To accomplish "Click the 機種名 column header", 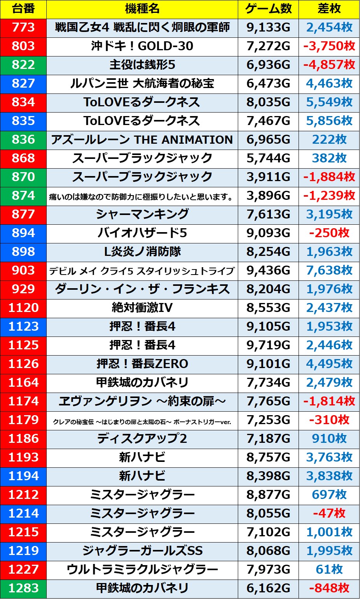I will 142,9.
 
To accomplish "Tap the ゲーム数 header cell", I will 268,9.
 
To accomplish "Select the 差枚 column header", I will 329,9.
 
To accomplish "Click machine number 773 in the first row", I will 23,27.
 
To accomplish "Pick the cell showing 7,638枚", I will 329,270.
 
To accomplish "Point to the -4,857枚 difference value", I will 329,65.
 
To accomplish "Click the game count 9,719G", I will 268,345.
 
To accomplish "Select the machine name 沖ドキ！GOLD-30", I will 142,46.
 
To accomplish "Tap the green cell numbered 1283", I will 23,588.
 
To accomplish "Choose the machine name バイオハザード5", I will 142,233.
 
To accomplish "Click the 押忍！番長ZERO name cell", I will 142,364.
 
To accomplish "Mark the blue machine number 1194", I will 23,476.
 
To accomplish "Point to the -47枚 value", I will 329,513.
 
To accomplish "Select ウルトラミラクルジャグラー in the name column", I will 142,569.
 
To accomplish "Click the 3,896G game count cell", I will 268,196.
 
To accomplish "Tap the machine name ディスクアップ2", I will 142,439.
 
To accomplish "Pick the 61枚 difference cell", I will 329,569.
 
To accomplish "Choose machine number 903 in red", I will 23,270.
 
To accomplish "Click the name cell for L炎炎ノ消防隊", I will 142,252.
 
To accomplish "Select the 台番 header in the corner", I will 23,9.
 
